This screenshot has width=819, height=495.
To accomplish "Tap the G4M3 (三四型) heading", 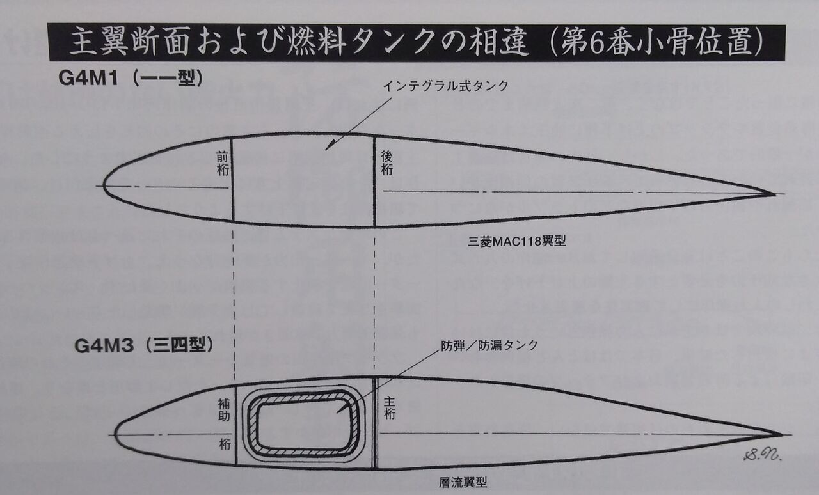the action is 143,346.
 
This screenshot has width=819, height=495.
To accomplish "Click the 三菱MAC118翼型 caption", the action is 518,242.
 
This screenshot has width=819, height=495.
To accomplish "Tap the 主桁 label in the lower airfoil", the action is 390,407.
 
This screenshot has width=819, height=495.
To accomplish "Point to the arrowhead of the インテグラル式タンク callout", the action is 328,147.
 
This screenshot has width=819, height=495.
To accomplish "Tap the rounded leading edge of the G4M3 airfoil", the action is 118,433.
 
